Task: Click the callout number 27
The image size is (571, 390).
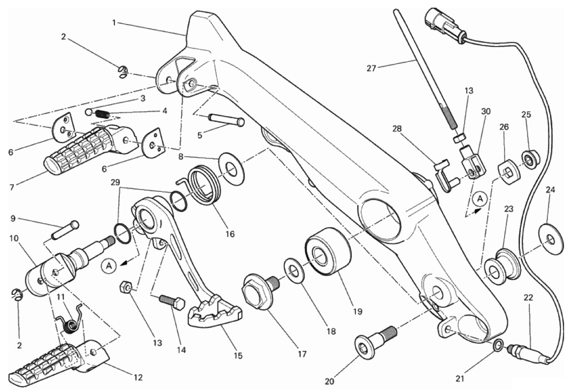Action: (371, 68)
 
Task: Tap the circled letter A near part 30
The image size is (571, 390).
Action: (480, 199)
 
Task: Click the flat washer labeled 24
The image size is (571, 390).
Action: (551, 239)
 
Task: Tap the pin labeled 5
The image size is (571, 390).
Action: (226, 122)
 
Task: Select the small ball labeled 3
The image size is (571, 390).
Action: (88, 111)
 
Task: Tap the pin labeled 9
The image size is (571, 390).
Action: (65, 229)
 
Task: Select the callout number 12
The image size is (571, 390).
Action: (138, 377)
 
